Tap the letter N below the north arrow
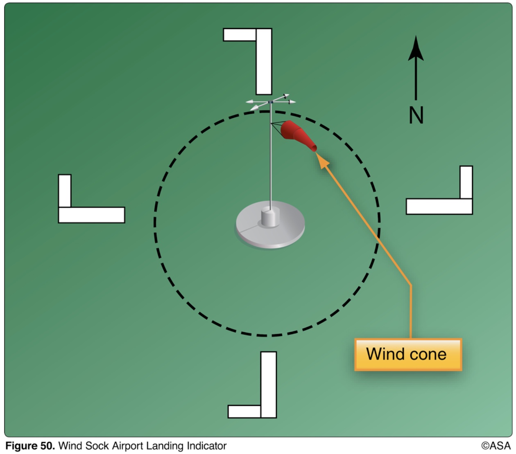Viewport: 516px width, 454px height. (x=416, y=115)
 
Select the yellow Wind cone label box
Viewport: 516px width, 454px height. (x=408, y=355)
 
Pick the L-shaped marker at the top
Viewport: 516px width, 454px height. (x=263, y=61)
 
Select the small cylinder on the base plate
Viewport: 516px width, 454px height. (x=270, y=217)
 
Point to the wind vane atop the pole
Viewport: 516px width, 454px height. (x=270, y=101)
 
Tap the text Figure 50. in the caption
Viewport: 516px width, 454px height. (x=30, y=446)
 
